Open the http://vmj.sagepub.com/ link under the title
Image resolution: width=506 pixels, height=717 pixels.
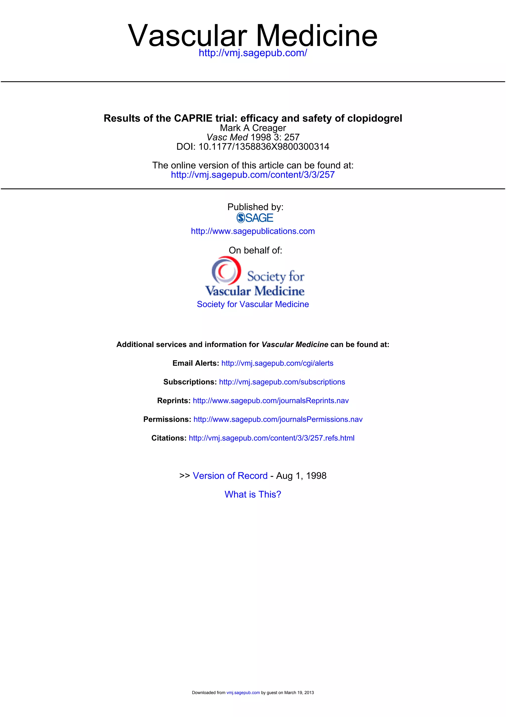point(253,53)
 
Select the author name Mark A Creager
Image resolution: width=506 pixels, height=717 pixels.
point(253,128)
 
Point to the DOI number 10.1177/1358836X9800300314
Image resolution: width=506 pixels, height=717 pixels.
point(264,147)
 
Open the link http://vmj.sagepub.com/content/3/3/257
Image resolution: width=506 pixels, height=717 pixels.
point(253,175)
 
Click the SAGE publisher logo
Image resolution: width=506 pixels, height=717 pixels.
point(255,218)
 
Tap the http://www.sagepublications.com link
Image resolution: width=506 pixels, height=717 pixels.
point(253,231)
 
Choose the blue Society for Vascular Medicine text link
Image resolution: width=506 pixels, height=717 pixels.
point(253,304)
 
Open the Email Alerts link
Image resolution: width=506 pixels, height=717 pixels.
point(277,363)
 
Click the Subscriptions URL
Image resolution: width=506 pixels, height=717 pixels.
point(282,382)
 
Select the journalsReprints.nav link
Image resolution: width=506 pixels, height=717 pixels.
point(271,401)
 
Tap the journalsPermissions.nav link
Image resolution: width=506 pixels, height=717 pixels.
point(278,419)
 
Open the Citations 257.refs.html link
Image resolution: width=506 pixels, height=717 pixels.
point(272,438)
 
